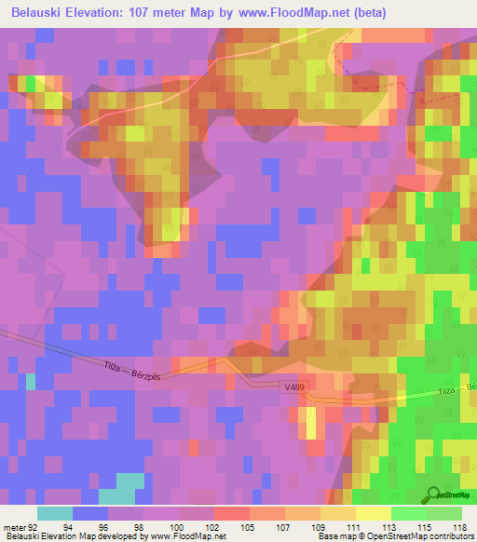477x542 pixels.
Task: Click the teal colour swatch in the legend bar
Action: pyautogui.click(x=55, y=513)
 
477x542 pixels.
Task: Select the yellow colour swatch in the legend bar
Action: pyautogui.click(x=373, y=513)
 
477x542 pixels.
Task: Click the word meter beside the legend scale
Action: pyautogui.click(x=13, y=526)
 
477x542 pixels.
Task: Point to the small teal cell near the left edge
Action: pyautogui.click(x=31, y=381)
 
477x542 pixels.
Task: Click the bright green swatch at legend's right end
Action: pyautogui.click(x=444, y=513)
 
